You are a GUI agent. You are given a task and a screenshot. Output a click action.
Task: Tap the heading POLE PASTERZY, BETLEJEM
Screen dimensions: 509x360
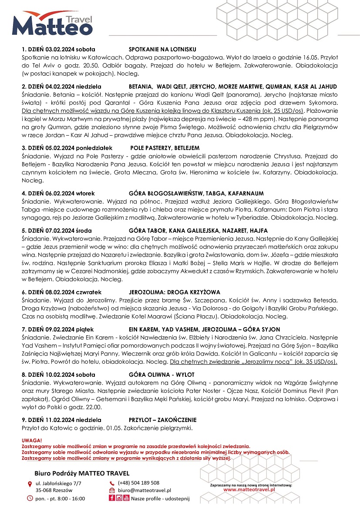pos(165,148)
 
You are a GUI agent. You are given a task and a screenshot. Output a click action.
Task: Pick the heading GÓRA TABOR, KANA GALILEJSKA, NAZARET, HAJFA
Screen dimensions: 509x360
pos(199,230)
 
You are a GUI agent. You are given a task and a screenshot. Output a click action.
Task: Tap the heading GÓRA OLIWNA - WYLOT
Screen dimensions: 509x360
pos(161,374)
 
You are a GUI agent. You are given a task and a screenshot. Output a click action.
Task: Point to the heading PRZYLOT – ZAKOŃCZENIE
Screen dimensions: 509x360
pos(162,420)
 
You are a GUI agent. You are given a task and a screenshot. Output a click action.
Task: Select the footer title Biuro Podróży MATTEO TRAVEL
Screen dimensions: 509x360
pos(82,473)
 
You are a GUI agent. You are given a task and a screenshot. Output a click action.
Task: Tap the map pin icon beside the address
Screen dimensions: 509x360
pos(30,484)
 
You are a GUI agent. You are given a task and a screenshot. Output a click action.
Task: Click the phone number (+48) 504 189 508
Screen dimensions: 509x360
pos(138,483)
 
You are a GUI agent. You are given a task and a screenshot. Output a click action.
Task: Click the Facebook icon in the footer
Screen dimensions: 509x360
pos(112,498)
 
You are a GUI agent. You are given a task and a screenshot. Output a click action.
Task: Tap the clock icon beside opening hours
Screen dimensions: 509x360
pos(30,498)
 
